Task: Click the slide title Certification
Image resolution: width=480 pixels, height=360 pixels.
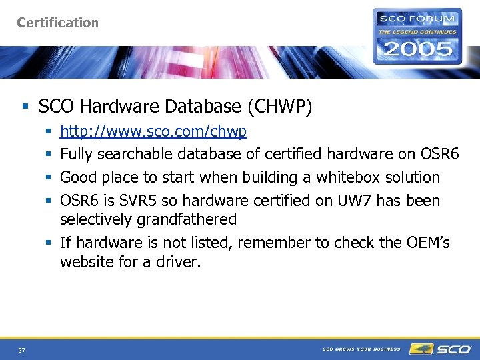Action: tap(57, 23)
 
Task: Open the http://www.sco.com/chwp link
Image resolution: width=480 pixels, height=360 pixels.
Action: tap(153, 132)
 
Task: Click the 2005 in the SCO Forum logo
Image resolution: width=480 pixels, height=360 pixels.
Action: tap(417, 49)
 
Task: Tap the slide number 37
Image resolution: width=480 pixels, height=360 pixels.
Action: tap(22, 350)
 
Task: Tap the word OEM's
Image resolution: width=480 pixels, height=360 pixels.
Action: tap(427, 243)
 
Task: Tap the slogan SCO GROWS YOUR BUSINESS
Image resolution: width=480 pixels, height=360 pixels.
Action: tap(361, 349)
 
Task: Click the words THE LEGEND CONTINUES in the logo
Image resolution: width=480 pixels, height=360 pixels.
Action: tap(417, 31)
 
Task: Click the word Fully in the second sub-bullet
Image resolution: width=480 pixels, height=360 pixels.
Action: tap(77, 155)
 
